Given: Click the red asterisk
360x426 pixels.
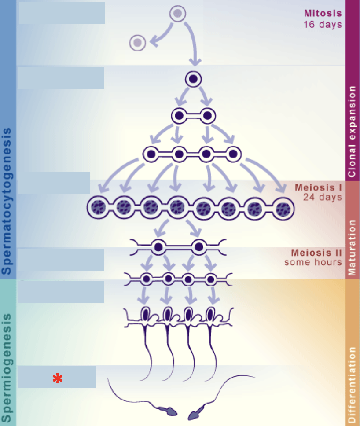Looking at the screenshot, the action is coord(57,378).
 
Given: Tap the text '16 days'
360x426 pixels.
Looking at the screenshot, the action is coord(323,24).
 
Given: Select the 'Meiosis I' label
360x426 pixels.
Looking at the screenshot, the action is coord(318,187).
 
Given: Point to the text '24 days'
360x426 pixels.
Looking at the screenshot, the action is coord(322,197).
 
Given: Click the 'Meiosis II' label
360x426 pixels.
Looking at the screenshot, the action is coord(316,253).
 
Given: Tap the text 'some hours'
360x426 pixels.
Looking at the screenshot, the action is coord(313,263).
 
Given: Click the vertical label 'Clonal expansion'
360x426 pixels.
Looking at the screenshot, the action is coord(352,132).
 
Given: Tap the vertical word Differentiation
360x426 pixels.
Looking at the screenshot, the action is coord(352,385).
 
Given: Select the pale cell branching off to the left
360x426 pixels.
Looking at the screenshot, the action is coord(138,43).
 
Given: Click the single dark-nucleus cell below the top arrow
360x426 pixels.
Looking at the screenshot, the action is coord(193,79).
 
